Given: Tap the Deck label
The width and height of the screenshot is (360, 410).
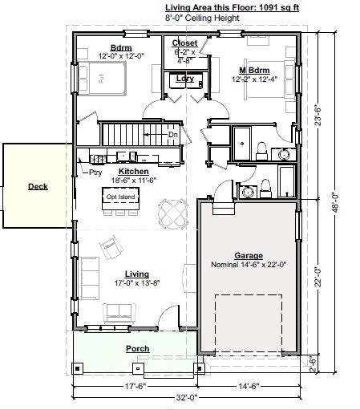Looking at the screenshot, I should coord(38,187).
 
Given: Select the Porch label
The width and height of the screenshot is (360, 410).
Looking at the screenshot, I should coord(137,349).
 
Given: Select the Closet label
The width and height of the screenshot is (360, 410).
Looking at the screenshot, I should coord(185,43).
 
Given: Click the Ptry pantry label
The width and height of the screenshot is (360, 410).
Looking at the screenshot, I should coord(95,172).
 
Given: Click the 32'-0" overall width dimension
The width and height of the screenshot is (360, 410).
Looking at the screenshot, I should coord(186,397).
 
